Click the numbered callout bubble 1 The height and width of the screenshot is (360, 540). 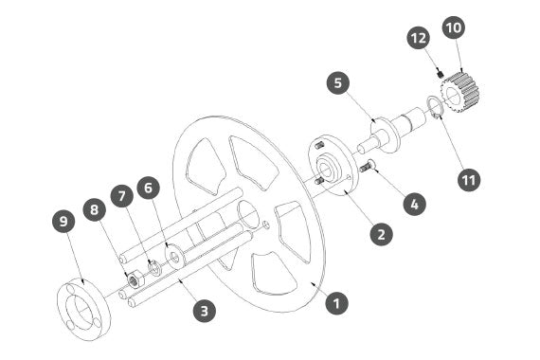336,303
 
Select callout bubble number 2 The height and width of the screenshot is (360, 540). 381,234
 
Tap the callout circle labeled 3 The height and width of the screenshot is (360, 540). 205,311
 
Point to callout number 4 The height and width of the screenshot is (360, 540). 415,205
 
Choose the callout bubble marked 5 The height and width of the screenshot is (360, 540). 338,83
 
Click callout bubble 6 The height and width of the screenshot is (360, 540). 148,188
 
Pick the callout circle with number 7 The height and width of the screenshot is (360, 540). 122,196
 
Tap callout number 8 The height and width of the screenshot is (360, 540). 95,209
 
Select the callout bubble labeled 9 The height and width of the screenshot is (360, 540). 63,221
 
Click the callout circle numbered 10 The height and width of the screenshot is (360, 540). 454,27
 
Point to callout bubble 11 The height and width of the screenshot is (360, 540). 469,179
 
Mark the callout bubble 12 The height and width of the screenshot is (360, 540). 419,38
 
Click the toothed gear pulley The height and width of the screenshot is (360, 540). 460,91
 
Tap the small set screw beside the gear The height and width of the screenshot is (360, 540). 440,74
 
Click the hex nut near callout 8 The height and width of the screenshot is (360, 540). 133,279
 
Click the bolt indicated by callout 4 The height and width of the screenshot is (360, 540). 368,166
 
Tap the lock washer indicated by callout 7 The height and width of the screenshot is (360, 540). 154,267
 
